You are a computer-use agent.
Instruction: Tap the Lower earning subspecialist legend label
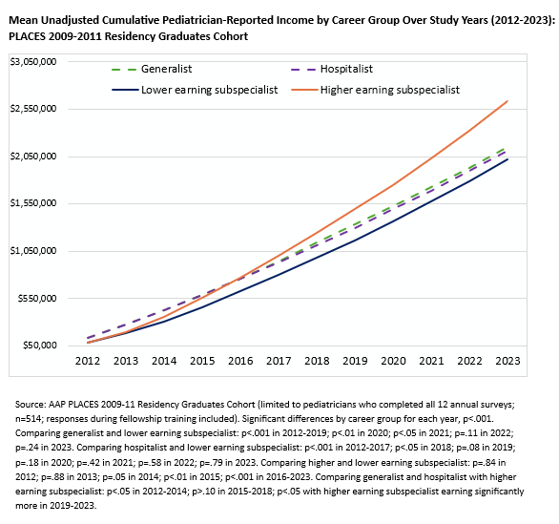pos(209,90)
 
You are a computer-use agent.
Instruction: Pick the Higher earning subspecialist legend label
pos(390,90)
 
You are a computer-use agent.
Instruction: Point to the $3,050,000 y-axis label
pos(33,62)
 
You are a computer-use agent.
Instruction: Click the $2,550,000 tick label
pos(33,109)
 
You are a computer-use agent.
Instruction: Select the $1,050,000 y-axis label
pos(33,251)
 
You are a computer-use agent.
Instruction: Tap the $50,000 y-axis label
pos(39,346)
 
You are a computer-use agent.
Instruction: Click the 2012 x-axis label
pos(88,361)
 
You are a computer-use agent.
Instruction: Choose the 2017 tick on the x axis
pos(279,361)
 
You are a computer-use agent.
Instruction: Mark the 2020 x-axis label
pos(393,361)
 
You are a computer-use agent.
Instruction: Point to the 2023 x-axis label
pos(507,361)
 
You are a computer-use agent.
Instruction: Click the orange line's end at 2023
pos(507,101)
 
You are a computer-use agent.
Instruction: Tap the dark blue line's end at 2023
pos(507,159)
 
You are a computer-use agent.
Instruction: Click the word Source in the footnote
pos(31,405)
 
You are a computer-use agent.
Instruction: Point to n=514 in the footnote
pos(29,419)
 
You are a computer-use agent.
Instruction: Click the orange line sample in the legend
pos(304,90)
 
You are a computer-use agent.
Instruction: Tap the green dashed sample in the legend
pos(124,70)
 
